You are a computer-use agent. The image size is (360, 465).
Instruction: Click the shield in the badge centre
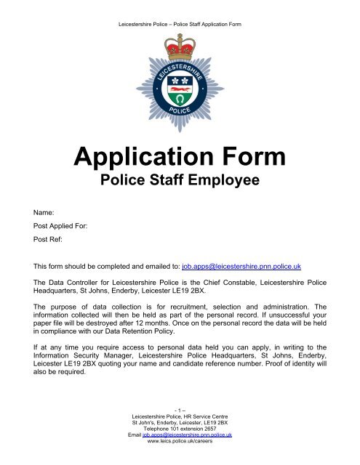(x=179, y=90)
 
